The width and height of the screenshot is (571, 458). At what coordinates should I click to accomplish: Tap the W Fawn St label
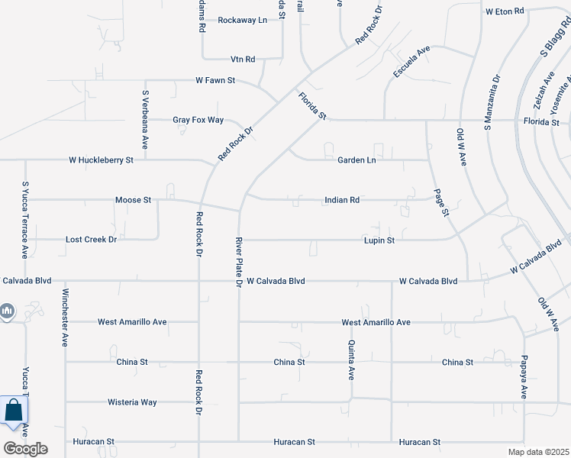pyautogui.click(x=215, y=79)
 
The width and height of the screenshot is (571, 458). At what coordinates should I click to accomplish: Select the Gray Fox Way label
pyautogui.click(x=198, y=120)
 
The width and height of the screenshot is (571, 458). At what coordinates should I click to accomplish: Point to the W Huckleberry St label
pyautogui.click(x=101, y=160)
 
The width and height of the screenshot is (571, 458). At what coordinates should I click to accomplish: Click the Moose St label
pyautogui.click(x=133, y=200)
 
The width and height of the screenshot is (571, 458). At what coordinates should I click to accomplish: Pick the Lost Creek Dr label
pyautogui.click(x=91, y=240)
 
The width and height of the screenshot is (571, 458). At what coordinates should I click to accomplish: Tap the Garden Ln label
pyautogui.click(x=356, y=160)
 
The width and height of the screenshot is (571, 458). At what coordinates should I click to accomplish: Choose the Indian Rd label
pyautogui.click(x=341, y=200)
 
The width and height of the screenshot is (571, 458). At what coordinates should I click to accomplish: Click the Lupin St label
pyautogui.click(x=379, y=240)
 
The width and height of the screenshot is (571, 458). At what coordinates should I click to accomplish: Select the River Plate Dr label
pyautogui.click(x=238, y=261)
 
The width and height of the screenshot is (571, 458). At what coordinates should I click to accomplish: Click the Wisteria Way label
pyautogui.click(x=132, y=402)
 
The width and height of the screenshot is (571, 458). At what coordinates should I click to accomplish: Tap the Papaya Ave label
pyautogui.click(x=524, y=376)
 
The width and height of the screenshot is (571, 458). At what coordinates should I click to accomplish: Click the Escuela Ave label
pyautogui.click(x=412, y=61)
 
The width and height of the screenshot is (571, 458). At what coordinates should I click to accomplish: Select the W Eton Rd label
pyautogui.click(x=506, y=11)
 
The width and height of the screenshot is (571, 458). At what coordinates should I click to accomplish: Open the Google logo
pyautogui.click(x=24, y=449)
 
